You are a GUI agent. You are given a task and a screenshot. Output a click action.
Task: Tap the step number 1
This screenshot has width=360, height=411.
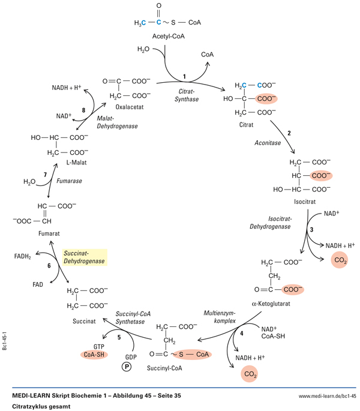pyautogui.click(x=185, y=76)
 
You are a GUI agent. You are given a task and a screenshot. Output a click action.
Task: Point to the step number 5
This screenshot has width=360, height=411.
pyautogui.click(x=119, y=338)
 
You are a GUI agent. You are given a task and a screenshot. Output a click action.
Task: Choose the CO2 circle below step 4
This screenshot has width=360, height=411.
pyautogui.click(x=248, y=376)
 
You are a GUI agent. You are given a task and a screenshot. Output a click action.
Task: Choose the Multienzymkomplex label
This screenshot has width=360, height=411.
pyautogui.click(x=223, y=317)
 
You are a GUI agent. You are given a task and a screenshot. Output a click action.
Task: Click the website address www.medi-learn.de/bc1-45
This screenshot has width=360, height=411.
pyautogui.click(x=327, y=397)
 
